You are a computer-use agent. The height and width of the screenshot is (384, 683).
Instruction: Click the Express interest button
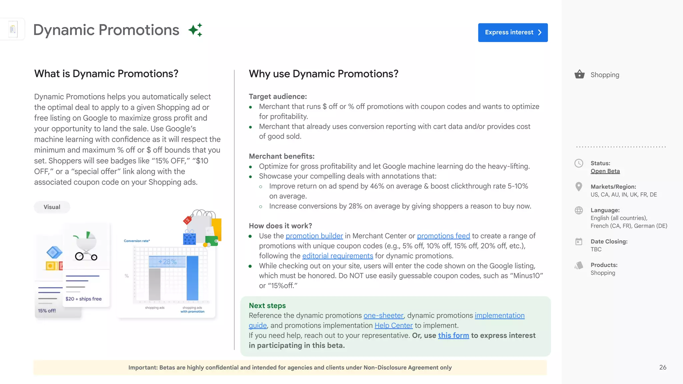[513, 32]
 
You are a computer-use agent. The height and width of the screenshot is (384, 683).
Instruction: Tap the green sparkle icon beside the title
[195, 30]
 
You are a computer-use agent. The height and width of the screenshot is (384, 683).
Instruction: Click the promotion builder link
[314, 236]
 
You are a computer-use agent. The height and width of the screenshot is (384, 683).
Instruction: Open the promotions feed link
[443, 236]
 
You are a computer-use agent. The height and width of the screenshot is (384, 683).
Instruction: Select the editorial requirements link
[337, 256]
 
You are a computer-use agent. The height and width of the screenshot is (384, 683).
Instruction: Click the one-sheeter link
[384, 316]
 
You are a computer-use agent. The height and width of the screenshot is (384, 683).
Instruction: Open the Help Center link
[394, 326]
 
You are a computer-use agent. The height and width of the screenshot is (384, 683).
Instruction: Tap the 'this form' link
[453, 336]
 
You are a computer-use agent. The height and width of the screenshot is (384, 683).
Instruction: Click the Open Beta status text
[605, 171]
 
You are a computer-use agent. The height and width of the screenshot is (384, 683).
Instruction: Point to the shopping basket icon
[579, 74]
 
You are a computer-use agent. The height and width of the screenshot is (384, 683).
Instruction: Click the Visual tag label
[52, 207]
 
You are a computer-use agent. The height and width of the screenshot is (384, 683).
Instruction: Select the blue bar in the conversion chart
[192, 278]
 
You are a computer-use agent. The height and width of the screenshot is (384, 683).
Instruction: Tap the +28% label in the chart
[167, 262]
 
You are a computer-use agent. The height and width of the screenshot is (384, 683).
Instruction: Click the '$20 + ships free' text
[83, 299]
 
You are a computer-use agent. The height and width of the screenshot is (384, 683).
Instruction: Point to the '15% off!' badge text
[47, 311]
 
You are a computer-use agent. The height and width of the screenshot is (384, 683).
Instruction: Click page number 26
[663, 367]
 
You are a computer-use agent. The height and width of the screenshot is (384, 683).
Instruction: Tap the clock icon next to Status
[579, 163]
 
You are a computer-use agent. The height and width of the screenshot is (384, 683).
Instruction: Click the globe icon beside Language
[579, 210]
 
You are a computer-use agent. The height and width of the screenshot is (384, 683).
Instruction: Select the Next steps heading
[267, 306]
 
